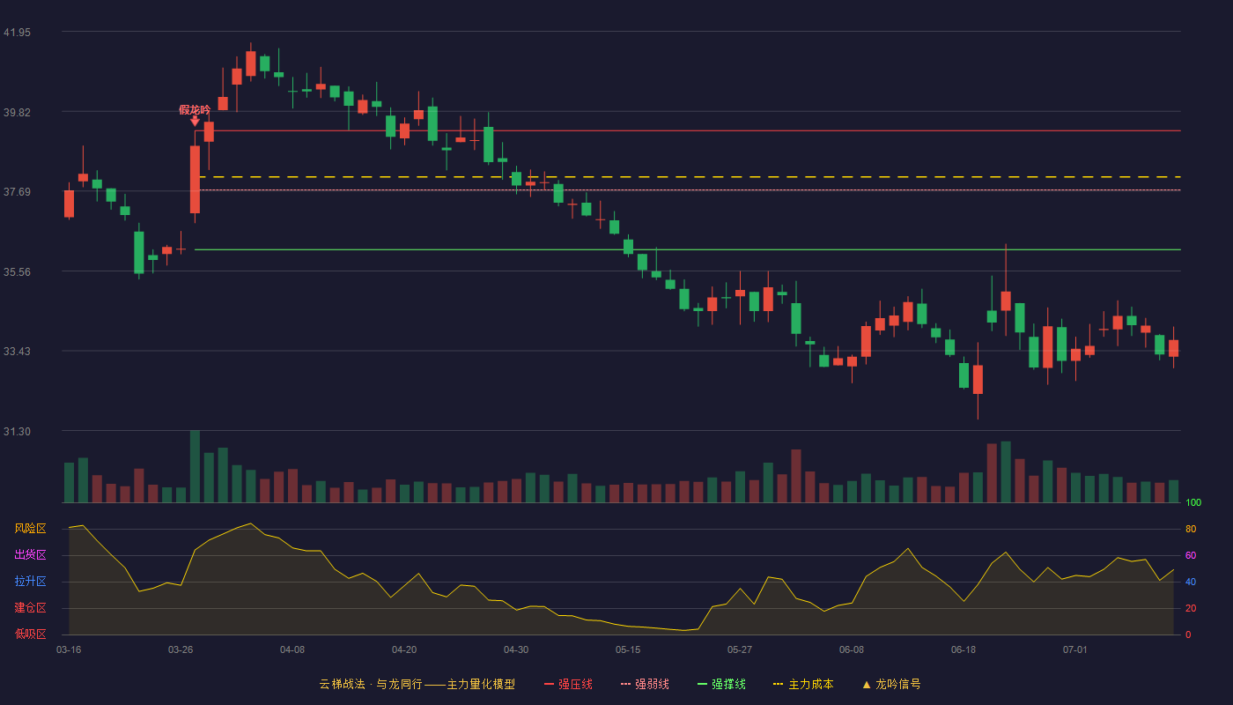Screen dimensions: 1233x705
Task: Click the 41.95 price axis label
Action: (x=17, y=33)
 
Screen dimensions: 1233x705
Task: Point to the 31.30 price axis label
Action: (x=17, y=432)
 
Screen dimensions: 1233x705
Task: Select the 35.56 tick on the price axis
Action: (x=17, y=272)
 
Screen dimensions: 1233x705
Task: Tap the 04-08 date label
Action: (x=292, y=650)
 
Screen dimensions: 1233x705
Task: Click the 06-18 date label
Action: (x=964, y=650)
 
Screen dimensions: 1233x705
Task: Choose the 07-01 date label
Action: (x=1075, y=650)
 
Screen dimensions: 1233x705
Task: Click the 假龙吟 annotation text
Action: (x=195, y=109)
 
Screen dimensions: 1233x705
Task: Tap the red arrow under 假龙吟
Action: (x=195, y=122)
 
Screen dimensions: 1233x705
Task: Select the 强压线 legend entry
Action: (x=568, y=684)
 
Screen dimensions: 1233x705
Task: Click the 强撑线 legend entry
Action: (x=721, y=684)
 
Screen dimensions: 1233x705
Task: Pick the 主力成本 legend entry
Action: (x=803, y=684)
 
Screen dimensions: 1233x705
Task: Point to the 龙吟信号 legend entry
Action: (x=891, y=684)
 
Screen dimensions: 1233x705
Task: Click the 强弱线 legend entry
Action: (x=645, y=684)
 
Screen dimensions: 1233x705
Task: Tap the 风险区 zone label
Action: (x=30, y=529)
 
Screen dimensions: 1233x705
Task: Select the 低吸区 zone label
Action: (x=30, y=634)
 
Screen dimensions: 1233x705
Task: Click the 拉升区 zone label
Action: (x=30, y=582)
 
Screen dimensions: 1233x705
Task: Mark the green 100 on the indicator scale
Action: (x=1193, y=502)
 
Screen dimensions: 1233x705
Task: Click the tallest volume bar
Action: (x=195, y=466)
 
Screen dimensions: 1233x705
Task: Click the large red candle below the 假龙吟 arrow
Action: (x=195, y=180)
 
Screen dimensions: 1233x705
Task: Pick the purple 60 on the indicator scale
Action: (x=1191, y=555)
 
